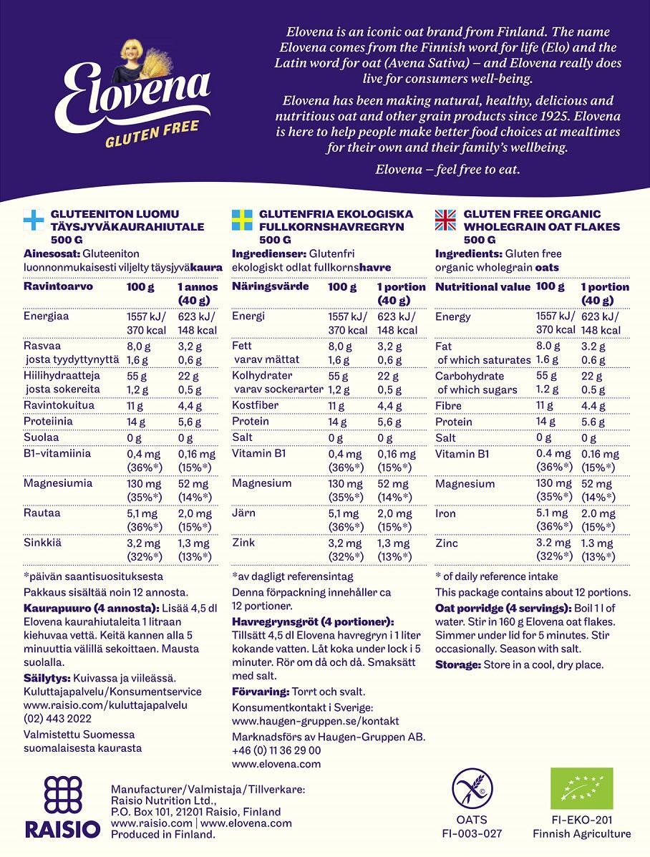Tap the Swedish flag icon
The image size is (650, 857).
242,219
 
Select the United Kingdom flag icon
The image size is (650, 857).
445,219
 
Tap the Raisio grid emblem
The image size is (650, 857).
63,794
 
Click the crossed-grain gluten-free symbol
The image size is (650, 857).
472,788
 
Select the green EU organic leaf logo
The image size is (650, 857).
581,788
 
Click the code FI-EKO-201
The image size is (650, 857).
581,820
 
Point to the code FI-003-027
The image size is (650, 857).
472,833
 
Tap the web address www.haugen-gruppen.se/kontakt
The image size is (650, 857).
316,721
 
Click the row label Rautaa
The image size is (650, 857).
42,513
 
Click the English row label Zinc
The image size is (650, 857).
447,543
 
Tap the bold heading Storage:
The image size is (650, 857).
457,664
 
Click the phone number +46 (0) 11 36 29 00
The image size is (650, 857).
276,750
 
